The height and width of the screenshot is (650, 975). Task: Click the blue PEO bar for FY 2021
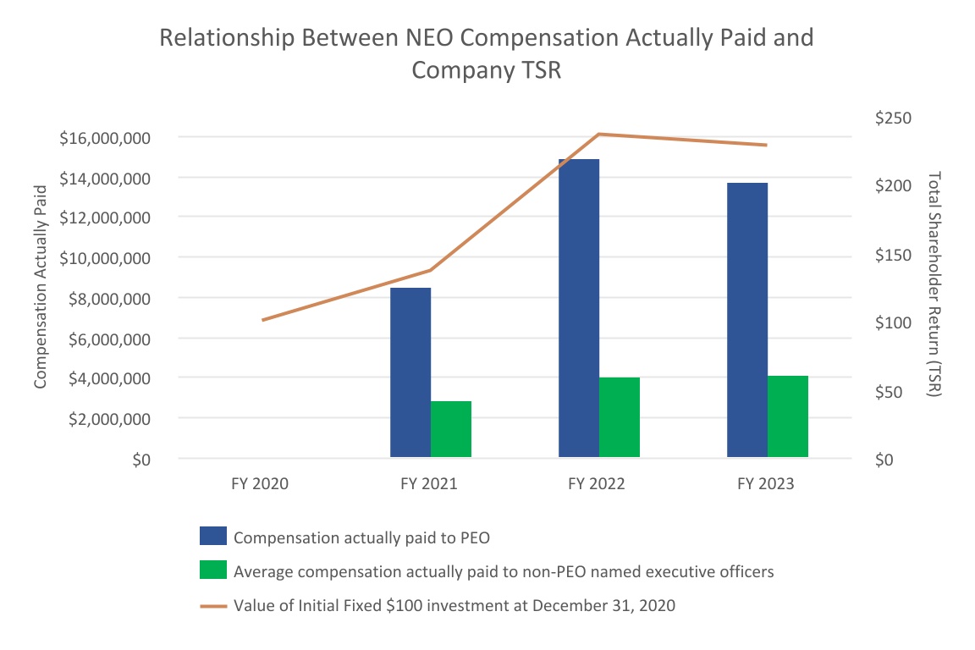(x=410, y=372)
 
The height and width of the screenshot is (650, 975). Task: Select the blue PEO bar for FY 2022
(x=579, y=308)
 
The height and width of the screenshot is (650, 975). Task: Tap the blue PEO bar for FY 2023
(x=747, y=320)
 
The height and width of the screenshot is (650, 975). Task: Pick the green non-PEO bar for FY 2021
(x=451, y=429)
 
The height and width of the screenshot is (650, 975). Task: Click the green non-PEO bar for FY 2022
(x=620, y=417)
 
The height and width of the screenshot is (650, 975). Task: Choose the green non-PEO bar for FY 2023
(x=788, y=416)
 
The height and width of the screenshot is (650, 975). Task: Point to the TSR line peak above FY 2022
(x=599, y=134)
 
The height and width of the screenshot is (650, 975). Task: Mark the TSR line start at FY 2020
(x=262, y=320)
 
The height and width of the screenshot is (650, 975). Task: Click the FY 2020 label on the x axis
(x=260, y=484)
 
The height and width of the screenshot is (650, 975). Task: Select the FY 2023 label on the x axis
(x=766, y=484)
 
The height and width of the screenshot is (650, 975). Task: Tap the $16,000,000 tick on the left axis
(x=105, y=138)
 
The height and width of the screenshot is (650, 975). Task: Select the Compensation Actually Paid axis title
(x=40, y=298)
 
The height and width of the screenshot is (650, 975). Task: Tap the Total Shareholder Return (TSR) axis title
(x=934, y=284)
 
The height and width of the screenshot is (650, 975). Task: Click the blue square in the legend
(x=213, y=536)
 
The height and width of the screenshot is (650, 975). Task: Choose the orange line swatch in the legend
(x=213, y=606)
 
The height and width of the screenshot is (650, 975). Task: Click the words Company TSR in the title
(x=487, y=71)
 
